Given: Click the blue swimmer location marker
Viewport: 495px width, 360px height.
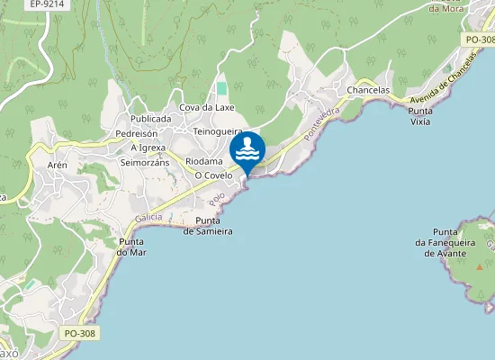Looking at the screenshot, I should [247, 151].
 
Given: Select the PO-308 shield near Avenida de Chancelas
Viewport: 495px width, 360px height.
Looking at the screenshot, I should [481, 40].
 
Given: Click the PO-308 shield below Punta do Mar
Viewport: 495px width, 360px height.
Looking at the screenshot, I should [79, 333].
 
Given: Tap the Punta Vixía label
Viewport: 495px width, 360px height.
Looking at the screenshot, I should [419, 116].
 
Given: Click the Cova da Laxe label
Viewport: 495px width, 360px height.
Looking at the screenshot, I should [207, 108].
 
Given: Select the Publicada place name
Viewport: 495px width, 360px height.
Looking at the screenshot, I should [150, 119].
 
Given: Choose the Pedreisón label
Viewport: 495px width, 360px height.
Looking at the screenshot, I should [137, 133].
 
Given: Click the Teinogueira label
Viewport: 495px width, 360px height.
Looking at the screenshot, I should [219, 131].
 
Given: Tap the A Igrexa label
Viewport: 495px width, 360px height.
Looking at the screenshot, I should [148, 148].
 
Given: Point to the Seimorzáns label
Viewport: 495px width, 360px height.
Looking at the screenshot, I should [145, 162].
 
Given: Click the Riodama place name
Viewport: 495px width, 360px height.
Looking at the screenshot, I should [203, 162].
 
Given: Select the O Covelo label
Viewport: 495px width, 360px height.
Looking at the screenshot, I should [213, 175].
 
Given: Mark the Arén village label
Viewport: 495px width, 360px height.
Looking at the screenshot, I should [58, 165].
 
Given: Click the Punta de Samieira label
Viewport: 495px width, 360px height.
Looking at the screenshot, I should [209, 226].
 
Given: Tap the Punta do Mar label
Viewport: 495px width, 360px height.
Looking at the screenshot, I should [131, 247].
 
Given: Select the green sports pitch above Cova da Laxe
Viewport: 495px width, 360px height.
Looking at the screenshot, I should [221, 89].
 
